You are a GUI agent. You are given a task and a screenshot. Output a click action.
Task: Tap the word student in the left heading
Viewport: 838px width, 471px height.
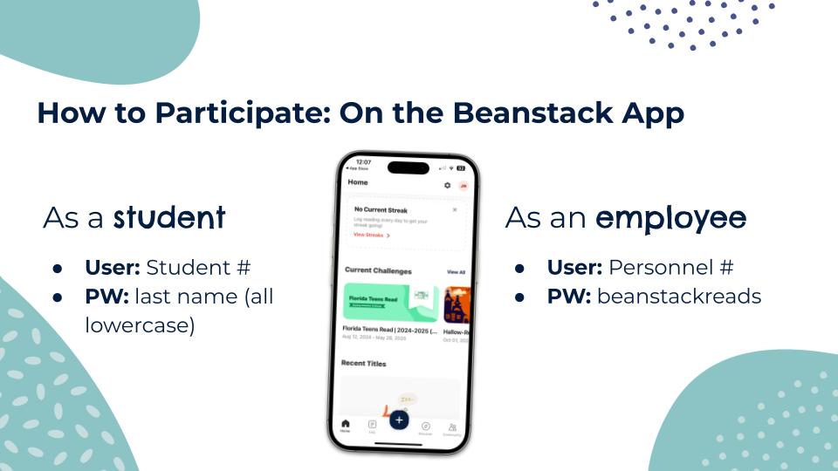tap(169, 218)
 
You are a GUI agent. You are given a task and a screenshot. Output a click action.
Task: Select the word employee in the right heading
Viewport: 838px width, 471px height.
tap(670, 218)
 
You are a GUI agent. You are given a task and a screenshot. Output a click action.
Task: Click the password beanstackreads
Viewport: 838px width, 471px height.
tap(680, 297)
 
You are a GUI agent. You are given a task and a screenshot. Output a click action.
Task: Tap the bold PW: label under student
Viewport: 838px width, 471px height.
tap(106, 297)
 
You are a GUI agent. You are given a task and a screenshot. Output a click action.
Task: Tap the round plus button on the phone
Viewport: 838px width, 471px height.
tap(399, 420)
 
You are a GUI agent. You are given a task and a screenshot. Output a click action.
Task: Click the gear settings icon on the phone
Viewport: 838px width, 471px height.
tap(448, 186)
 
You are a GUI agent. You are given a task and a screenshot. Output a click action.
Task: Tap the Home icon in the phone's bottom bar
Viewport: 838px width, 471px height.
tap(346, 426)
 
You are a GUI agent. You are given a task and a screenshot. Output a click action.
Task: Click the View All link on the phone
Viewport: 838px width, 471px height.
tap(456, 272)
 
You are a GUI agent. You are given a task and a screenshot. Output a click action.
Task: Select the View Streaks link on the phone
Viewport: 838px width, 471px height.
tap(371, 235)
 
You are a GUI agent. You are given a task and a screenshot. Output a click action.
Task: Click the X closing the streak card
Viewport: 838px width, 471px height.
tap(454, 210)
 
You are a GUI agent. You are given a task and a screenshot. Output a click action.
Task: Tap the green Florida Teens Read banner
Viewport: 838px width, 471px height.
tap(390, 303)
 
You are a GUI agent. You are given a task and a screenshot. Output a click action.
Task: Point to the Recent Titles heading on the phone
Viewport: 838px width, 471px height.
tap(364, 363)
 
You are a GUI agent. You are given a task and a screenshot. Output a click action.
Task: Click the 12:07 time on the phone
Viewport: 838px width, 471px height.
tap(363, 162)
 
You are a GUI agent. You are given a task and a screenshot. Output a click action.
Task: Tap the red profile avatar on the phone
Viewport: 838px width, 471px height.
tap(464, 186)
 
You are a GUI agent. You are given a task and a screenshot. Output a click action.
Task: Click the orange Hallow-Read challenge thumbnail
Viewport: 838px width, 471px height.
tap(457, 304)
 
